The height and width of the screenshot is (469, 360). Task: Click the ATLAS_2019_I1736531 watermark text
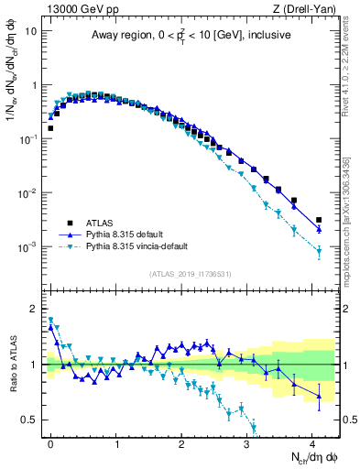tap(191, 274)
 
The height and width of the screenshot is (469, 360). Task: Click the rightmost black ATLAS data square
tap(319, 220)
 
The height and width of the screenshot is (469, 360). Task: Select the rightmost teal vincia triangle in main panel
tap(319, 251)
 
